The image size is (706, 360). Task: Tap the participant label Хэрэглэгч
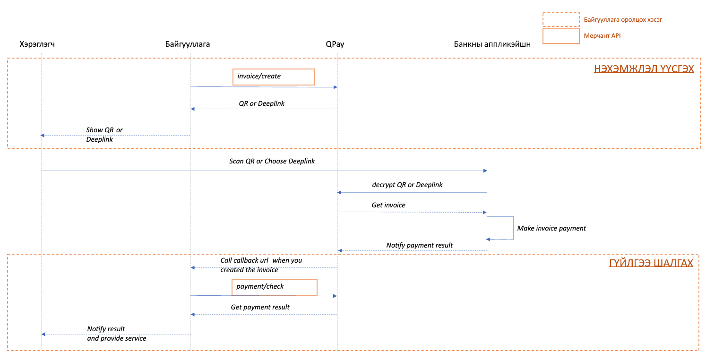(37, 44)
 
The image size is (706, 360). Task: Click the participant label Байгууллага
(188, 44)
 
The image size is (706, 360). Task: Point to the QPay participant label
(335, 44)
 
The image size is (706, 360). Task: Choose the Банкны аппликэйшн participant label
(492, 44)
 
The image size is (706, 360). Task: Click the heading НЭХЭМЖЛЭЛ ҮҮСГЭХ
(644, 69)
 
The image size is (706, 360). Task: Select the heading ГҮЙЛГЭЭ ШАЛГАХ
(651, 263)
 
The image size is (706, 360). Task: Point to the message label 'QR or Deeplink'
(262, 103)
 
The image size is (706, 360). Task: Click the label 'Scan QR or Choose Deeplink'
(272, 161)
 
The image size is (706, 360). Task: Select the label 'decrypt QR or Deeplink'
(407, 185)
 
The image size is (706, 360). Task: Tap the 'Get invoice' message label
(388, 205)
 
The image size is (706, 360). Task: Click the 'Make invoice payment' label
(551, 228)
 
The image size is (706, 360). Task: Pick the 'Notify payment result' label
(420, 245)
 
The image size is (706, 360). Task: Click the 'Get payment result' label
(260, 307)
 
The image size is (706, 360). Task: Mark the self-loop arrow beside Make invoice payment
(513, 228)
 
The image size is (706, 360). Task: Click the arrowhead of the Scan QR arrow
(485, 171)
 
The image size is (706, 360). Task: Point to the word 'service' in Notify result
(136, 338)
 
